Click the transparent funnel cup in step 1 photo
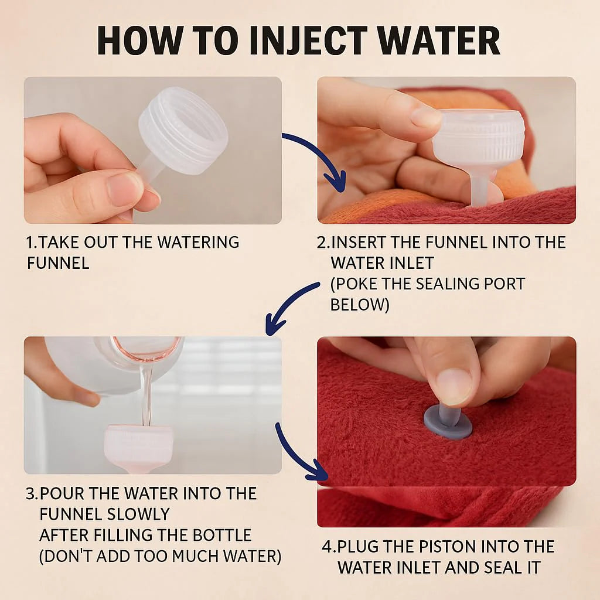(183, 131)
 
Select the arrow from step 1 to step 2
(325, 155)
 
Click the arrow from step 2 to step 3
(285, 305)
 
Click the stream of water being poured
(146, 396)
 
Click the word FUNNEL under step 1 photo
(58, 263)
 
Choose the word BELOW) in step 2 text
(359, 305)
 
